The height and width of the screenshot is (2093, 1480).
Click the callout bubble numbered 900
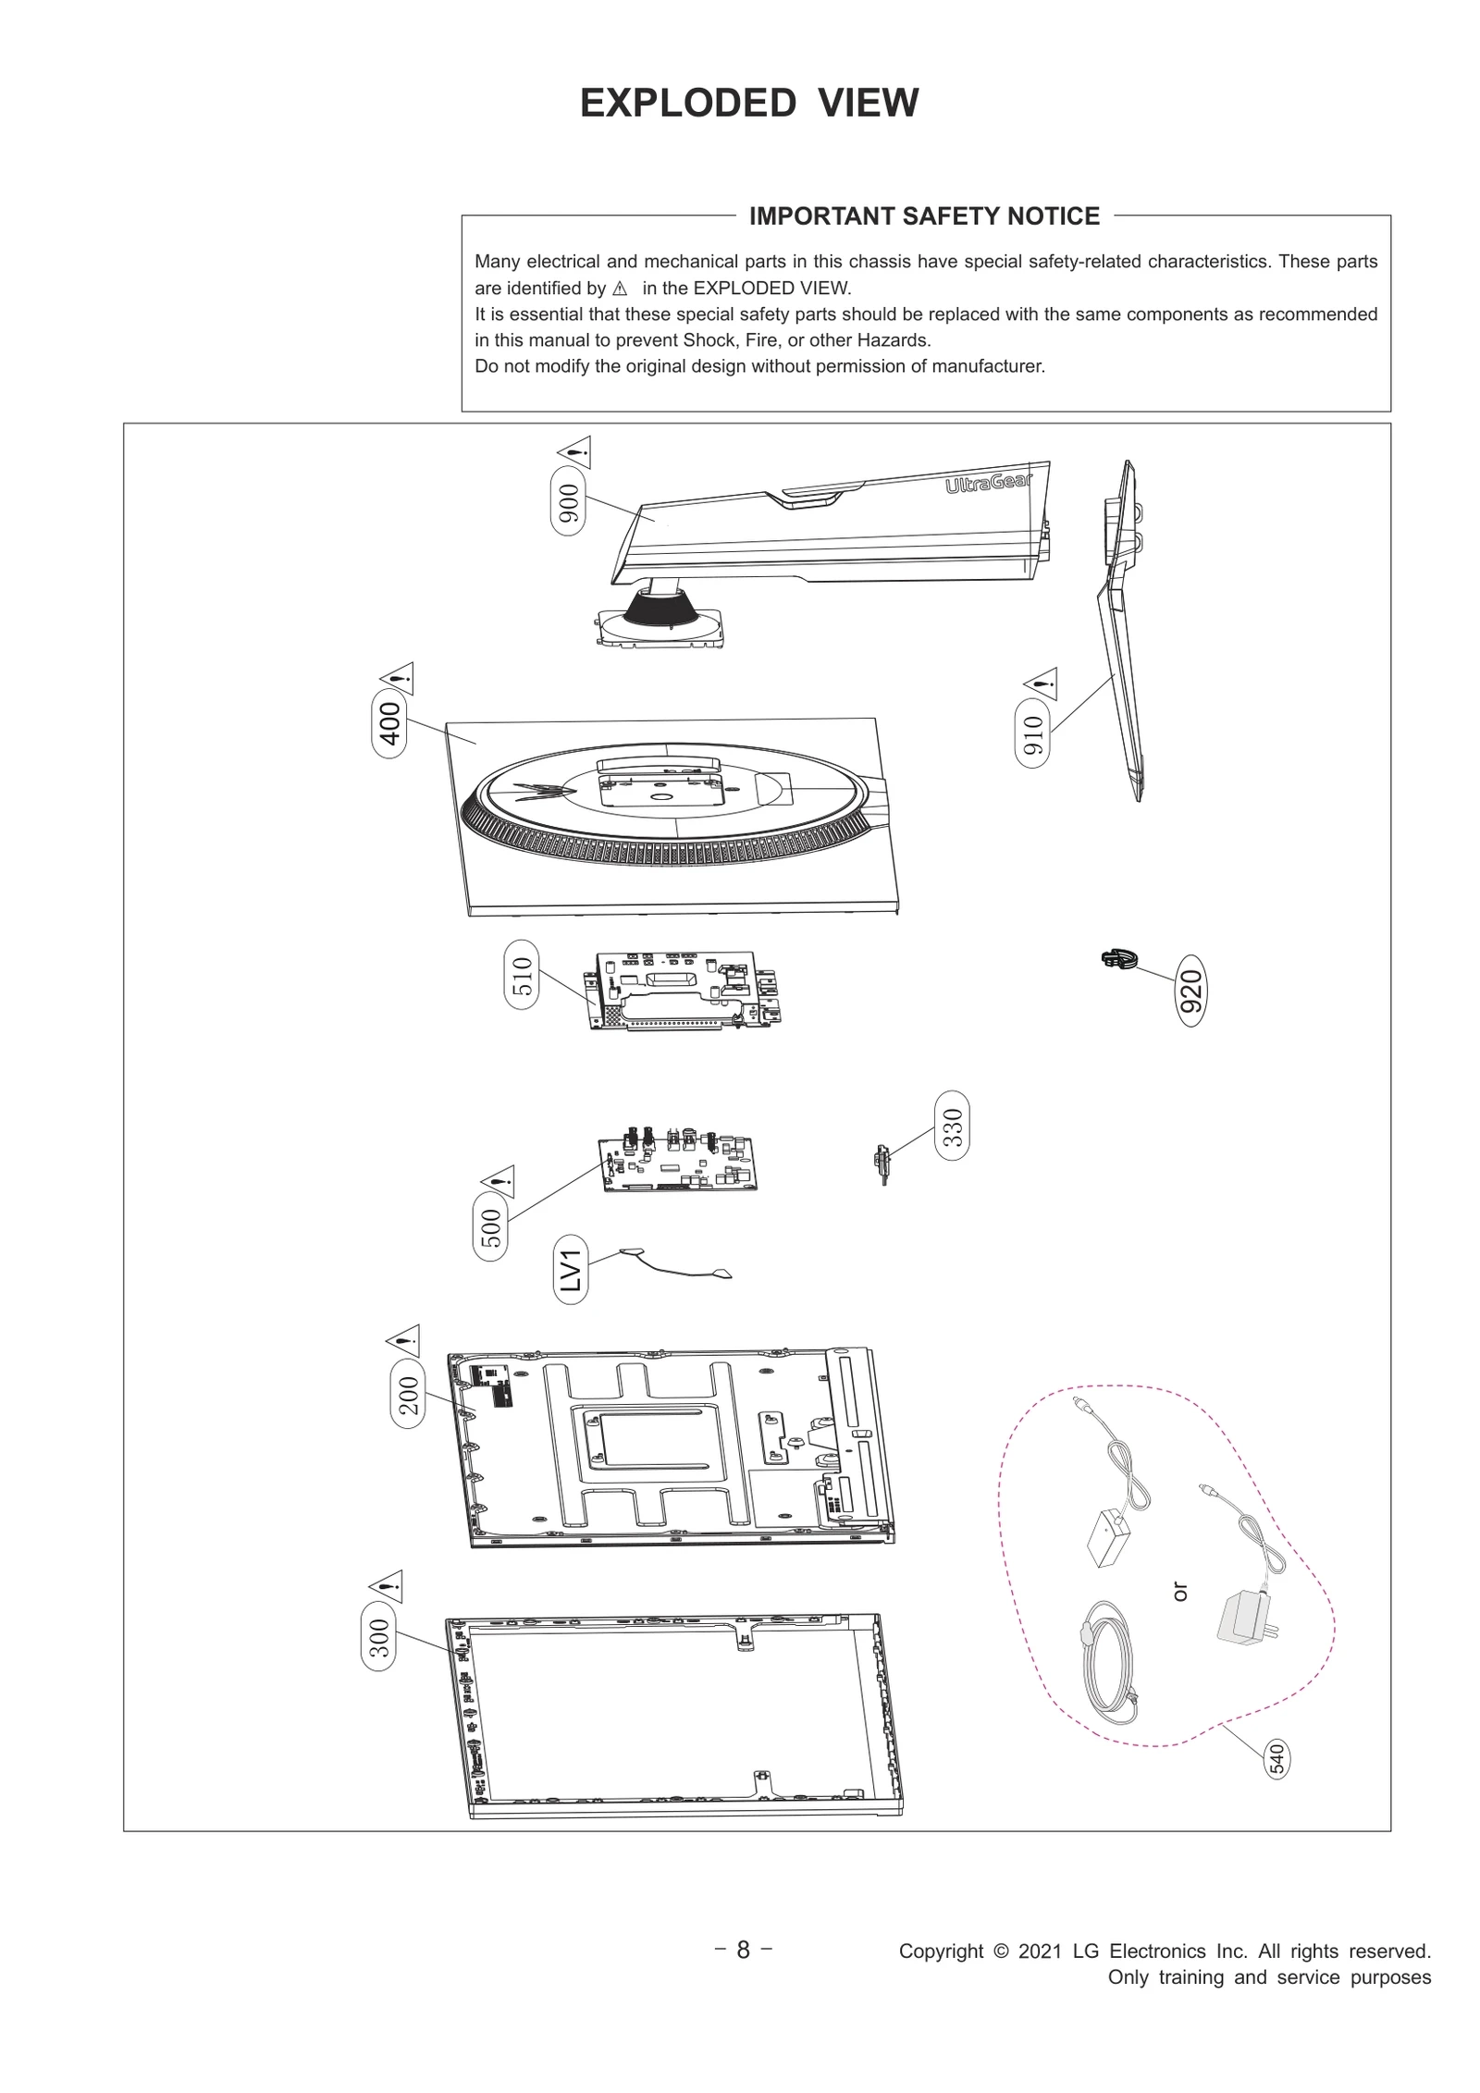[x=568, y=503]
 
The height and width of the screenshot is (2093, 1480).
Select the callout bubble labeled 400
[x=389, y=723]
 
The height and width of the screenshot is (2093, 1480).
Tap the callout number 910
[x=1033, y=736]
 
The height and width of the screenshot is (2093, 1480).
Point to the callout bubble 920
[x=1190, y=991]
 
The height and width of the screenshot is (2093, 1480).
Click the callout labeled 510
[x=522, y=975]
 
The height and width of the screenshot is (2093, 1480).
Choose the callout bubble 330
[x=952, y=1127]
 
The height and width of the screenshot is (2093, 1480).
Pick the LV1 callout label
[x=571, y=1269]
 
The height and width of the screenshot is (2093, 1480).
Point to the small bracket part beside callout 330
[x=882, y=1161]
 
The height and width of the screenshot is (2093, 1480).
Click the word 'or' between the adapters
[x=1179, y=1592]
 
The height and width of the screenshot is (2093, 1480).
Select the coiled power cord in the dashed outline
[x=1105, y=1663]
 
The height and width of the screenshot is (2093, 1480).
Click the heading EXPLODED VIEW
[x=748, y=103]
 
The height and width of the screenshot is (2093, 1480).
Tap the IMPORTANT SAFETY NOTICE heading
[x=923, y=216]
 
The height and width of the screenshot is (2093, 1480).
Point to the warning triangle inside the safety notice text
[x=620, y=289]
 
